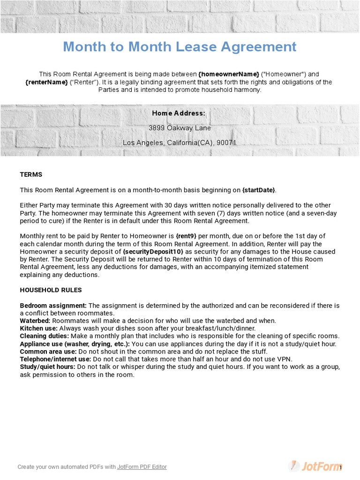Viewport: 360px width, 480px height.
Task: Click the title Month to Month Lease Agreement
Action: [x=180, y=47]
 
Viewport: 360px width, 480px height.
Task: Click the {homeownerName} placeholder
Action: [x=229, y=74]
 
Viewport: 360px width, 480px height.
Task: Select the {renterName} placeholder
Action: [x=46, y=82]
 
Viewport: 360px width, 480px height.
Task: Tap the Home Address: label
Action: [x=179, y=113]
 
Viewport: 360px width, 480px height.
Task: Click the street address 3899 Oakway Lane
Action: [x=180, y=128]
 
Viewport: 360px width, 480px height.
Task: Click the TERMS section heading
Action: [x=31, y=174]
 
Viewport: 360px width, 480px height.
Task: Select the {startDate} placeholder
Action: [x=259, y=190]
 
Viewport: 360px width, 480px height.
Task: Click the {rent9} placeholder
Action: [x=186, y=236]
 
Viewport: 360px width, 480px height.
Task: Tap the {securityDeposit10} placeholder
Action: [x=153, y=251]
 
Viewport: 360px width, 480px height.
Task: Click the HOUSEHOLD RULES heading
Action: [x=51, y=290]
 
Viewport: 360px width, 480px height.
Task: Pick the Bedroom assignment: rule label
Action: [x=53, y=306]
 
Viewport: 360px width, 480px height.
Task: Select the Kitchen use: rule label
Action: [x=38, y=329]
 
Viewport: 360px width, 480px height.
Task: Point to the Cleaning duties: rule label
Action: [x=44, y=336]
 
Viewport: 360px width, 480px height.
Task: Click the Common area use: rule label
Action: [x=48, y=352]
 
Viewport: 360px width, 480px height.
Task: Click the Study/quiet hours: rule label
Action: [x=47, y=367]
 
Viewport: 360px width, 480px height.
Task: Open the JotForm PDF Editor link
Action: [x=142, y=467]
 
